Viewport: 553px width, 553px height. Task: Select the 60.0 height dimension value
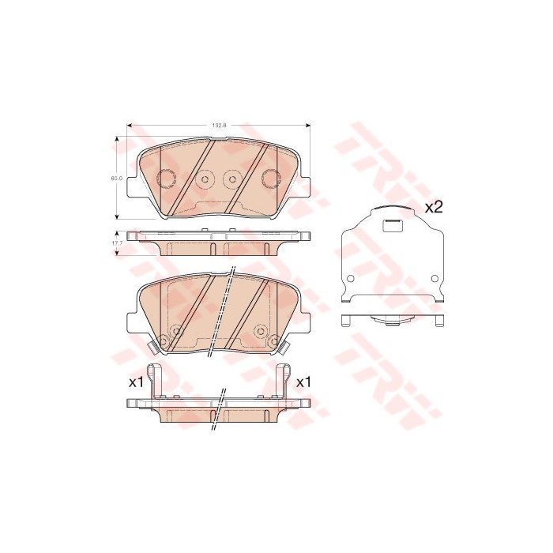tap(115, 179)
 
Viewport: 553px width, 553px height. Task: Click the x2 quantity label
tap(434, 208)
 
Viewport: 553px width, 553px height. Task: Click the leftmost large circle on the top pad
tap(166, 177)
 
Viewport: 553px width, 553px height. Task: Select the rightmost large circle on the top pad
tap(269, 177)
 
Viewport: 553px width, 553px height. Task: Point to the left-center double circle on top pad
tap(203, 179)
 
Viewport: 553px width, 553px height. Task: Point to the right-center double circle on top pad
tap(232, 179)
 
